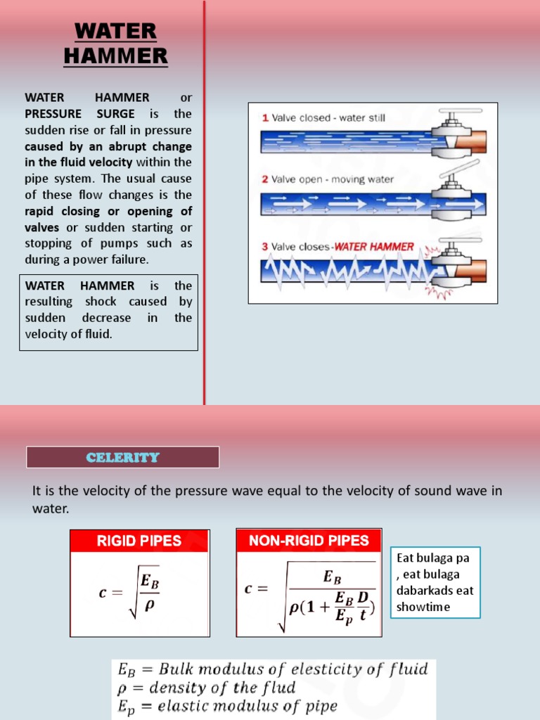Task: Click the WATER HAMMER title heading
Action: pos(115,43)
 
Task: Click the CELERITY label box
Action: pos(123,458)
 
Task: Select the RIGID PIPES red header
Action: pos(139,541)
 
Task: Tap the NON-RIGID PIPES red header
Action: pos(309,541)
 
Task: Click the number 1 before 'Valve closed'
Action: pos(265,118)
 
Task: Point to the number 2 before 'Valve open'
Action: pos(265,179)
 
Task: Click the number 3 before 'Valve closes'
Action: pos(265,247)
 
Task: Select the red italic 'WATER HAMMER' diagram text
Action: pos(374,247)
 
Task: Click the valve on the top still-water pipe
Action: pos(450,134)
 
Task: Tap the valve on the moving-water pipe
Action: pos(450,197)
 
